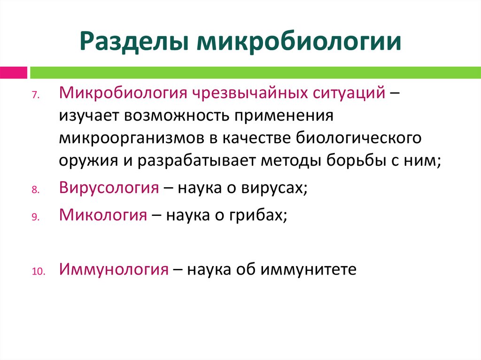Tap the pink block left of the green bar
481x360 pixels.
pos(14,72)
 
